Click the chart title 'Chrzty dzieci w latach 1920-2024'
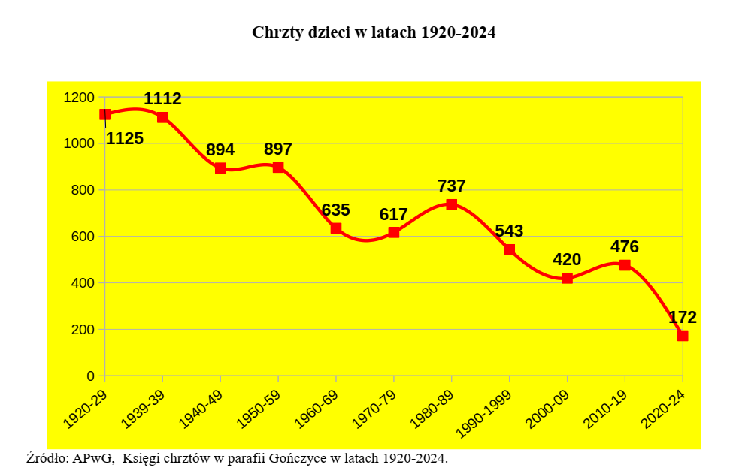click(374, 32)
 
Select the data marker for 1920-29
click(105, 114)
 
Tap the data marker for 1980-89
click(452, 204)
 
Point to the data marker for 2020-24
click(683, 336)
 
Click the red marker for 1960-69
click(336, 228)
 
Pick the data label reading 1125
click(125, 139)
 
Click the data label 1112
click(162, 98)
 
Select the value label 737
click(452, 186)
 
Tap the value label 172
click(683, 317)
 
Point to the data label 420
click(567, 260)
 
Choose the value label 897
click(278, 149)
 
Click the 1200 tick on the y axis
click(79, 98)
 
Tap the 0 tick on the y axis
click(91, 376)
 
